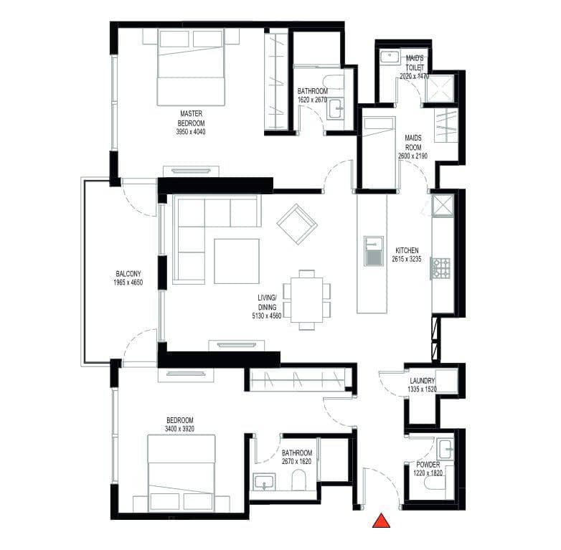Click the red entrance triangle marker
click(x=381, y=521)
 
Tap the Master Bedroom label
click(x=191, y=118)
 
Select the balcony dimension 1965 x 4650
click(x=128, y=283)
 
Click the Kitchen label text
click(x=407, y=250)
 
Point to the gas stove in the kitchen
click(x=440, y=269)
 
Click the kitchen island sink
click(x=374, y=251)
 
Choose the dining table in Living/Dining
click(x=306, y=300)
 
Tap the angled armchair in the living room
click(x=297, y=224)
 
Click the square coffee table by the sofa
click(x=237, y=262)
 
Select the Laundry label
click(x=422, y=381)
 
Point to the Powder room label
click(x=428, y=465)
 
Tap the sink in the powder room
click(x=446, y=449)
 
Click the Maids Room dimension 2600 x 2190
click(x=412, y=156)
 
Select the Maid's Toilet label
click(x=415, y=62)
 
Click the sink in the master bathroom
click(x=336, y=108)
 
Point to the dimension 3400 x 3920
click(x=179, y=429)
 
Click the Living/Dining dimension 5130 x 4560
click(x=267, y=316)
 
